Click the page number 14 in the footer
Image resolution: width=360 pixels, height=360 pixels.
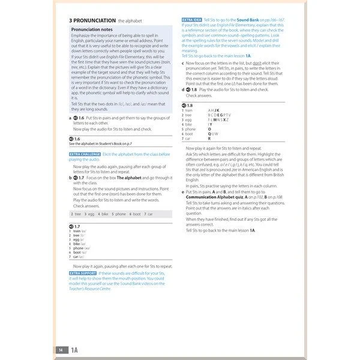tap(61, 349)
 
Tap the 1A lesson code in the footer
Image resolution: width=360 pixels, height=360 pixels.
tap(75, 349)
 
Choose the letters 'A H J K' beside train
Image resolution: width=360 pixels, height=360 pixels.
tap(214, 110)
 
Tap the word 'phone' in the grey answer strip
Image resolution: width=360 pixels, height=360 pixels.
tap(121, 214)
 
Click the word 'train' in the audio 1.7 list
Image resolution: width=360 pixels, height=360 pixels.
tap(77, 231)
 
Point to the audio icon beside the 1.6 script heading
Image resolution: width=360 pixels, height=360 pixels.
tap(71, 139)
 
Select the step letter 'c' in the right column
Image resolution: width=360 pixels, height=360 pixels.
tap(182, 62)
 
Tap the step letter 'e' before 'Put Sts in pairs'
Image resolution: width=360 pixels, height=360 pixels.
tap(182, 191)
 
